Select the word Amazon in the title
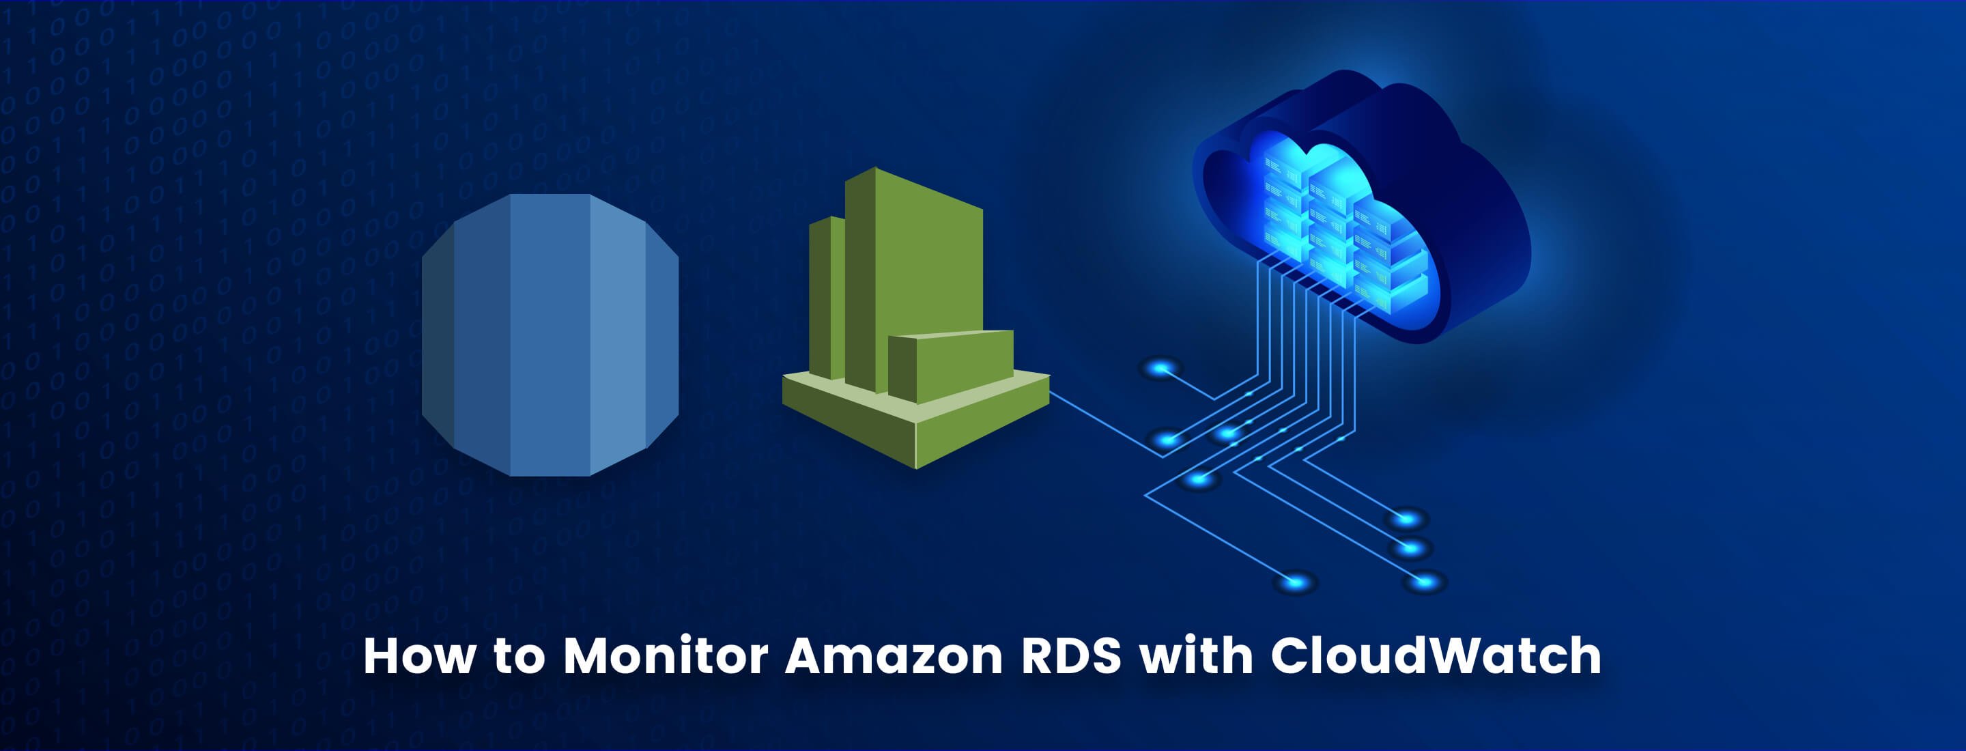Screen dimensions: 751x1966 coord(894,655)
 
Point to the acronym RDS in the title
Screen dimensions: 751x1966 coord(1072,655)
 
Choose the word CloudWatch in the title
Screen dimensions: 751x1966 coord(1436,655)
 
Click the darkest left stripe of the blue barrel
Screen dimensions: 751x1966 coord(438,336)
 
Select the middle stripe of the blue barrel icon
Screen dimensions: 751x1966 coord(550,336)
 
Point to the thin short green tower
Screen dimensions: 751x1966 coord(826,298)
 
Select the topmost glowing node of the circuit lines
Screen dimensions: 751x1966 coord(1160,369)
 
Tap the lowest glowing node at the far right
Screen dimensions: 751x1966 coord(1424,582)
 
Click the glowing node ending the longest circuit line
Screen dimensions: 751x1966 coord(1295,583)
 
